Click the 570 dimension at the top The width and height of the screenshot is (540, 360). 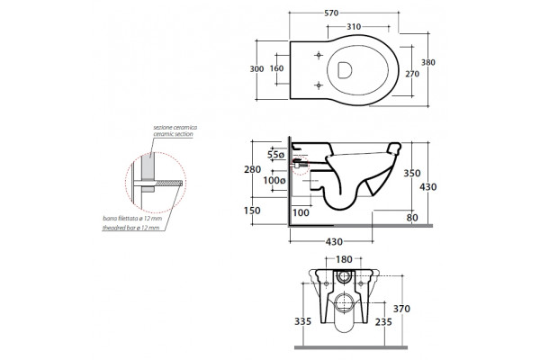coord(331,13)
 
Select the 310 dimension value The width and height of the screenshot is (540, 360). coord(354,26)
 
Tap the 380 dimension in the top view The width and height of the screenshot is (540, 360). coord(428,62)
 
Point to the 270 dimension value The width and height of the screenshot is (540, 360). coord(412,74)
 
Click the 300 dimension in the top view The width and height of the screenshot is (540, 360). coord(256,69)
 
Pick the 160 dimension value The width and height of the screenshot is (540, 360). coord(276,68)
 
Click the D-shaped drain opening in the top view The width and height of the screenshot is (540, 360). coord(345,70)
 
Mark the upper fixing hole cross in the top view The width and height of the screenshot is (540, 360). coord(319,55)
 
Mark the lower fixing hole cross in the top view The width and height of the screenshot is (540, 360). coord(319,85)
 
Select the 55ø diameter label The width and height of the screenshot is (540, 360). coord(276,155)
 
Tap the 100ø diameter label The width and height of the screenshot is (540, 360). coord(274,180)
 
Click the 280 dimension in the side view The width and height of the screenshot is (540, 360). coord(252,169)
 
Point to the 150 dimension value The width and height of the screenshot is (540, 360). coord(252,210)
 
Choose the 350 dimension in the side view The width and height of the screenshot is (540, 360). coord(412,173)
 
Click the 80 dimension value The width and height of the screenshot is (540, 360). coord(412,218)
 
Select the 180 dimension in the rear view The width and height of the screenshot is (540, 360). coord(344,259)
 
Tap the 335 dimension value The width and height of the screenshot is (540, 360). coord(302,321)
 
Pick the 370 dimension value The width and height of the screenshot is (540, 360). coord(401,309)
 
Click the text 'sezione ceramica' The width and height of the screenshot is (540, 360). coord(175,128)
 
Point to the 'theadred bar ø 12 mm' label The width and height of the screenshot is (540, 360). coord(130,228)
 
